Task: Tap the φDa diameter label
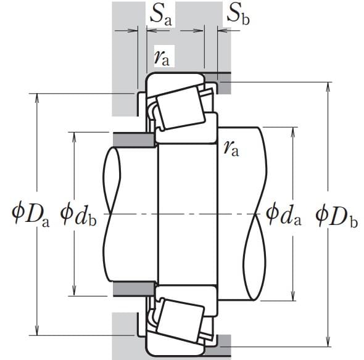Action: coord(30,215)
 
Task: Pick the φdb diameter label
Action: coord(78,215)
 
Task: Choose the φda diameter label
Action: coord(283,215)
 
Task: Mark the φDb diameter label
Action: coord(337,216)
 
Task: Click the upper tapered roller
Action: coord(181,107)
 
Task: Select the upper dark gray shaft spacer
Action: coord(134,140)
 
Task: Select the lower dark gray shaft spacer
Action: coord(134,288)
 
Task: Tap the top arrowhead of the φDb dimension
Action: coord(328,86)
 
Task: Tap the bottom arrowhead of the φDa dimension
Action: coord(36,331)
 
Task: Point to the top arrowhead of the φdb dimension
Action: coord(74,136)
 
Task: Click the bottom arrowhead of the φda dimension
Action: coord(293,297)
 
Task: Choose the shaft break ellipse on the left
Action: coord(112,214)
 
